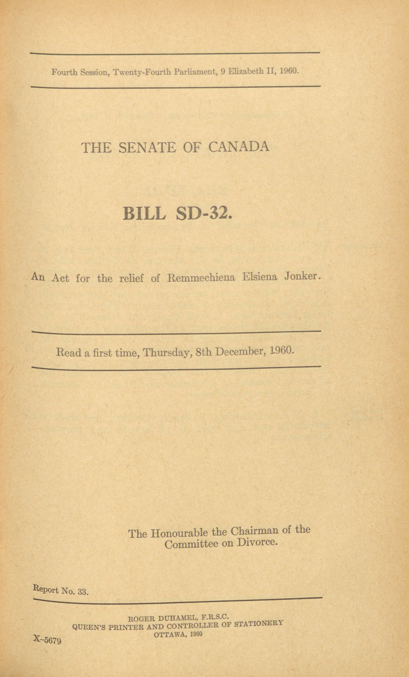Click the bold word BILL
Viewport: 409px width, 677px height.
(144, 213)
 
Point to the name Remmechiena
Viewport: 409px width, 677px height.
(201, 277)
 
